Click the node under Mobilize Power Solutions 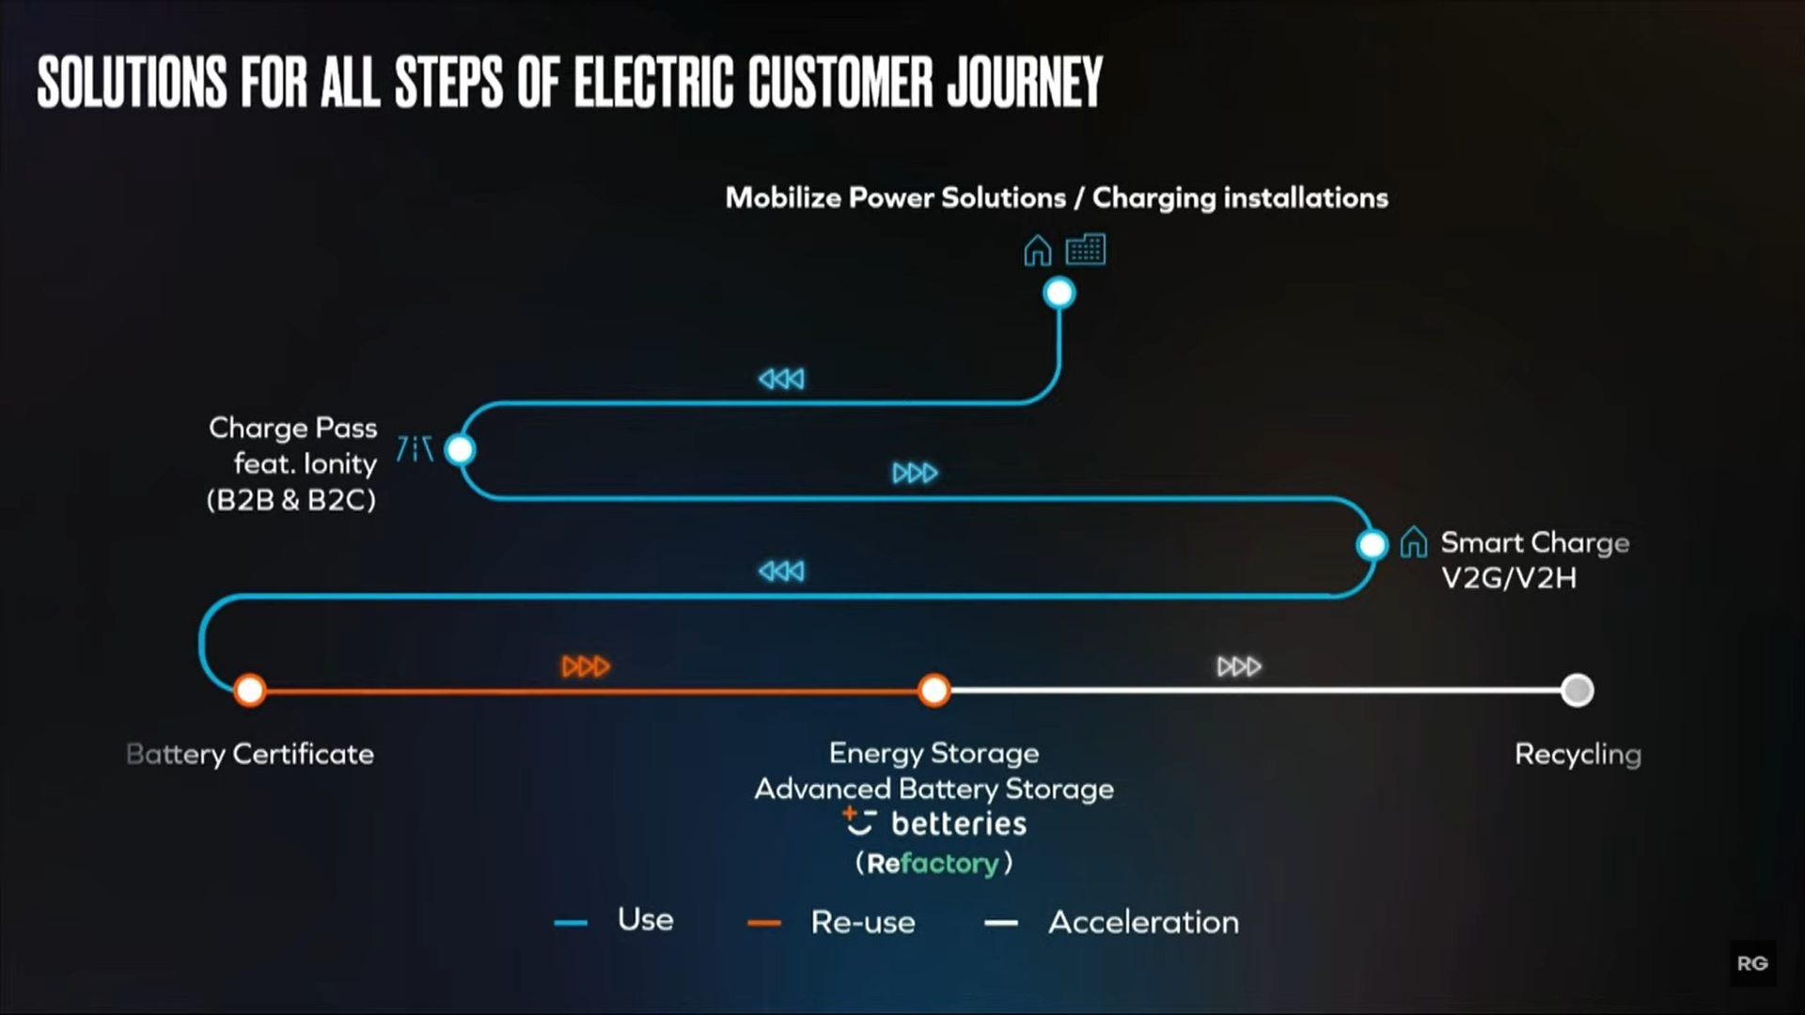coord(1059,293)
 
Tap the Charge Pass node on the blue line coord(460,450)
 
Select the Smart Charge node coord(1372,544)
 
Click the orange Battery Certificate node coord(250,691)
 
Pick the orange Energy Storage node coord(934,691)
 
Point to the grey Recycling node coord(1577,691)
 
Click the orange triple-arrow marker coord(586,666)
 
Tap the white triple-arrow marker coord(1239,666)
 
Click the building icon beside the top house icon coord(1086,250)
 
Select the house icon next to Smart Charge coord(1413,542)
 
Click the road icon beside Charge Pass coord(415,449)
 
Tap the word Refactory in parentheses coord(933,863)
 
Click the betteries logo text coord(959,824)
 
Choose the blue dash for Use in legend coord(571,923)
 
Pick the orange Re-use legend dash coord(764,923)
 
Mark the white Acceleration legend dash coord(1001,923)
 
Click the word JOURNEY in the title coord(1025,82)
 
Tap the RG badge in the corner coord(1752,963)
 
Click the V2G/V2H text coord(1509,578)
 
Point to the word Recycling coord(1578,755)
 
